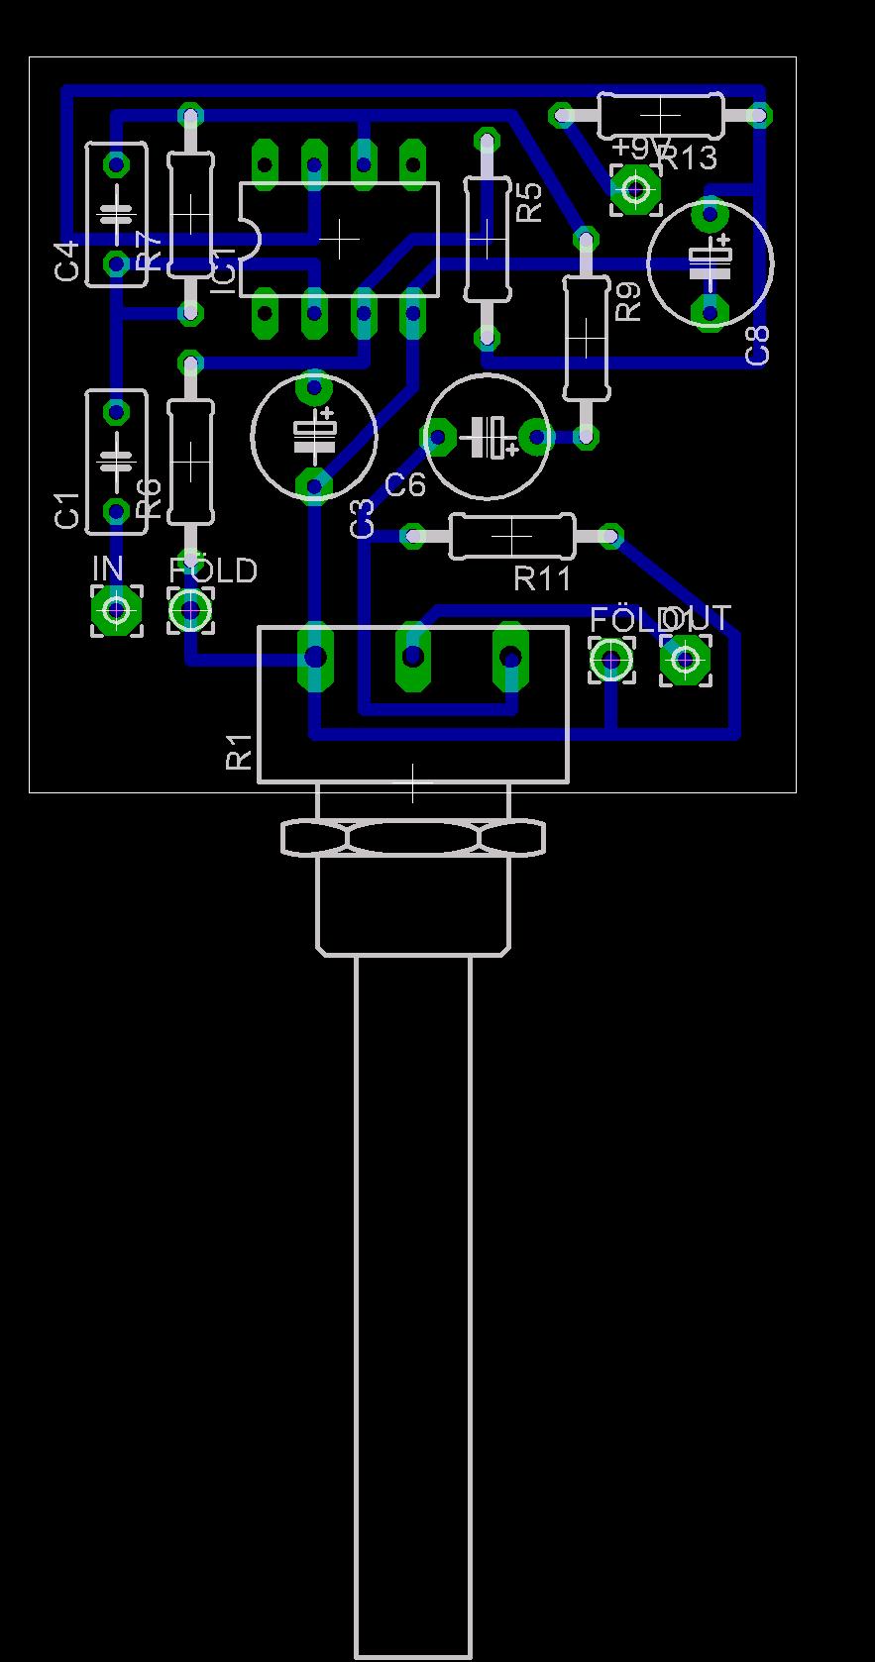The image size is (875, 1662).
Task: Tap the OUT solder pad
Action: (x=685, y=658)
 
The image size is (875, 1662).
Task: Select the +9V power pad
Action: (x=635, y=188)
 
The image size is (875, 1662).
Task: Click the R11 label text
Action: (x=543, y=578)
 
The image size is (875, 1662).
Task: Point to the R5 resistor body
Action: (x=487, y=238)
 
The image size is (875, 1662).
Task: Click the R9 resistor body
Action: (x=586, y=337)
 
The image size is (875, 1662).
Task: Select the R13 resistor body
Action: (x=661, y=115)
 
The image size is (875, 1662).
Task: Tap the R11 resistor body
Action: (x=511, y=536)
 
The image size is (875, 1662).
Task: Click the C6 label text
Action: (x=404, y=485)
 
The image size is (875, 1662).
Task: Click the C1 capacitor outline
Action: (x=117, y=461)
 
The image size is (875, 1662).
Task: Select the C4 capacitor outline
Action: (x=117, y=214)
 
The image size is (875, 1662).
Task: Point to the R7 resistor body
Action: (x=189, y=214)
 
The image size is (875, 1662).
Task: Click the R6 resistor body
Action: (x=189, y=461)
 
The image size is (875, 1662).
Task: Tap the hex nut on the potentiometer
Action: (x=413, y=838)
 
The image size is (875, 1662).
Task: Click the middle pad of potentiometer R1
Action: (x=413, y=656)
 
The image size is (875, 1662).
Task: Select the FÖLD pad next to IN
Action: (x=189, y=610)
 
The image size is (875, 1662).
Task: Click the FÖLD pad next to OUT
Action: (x=611, y=658)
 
